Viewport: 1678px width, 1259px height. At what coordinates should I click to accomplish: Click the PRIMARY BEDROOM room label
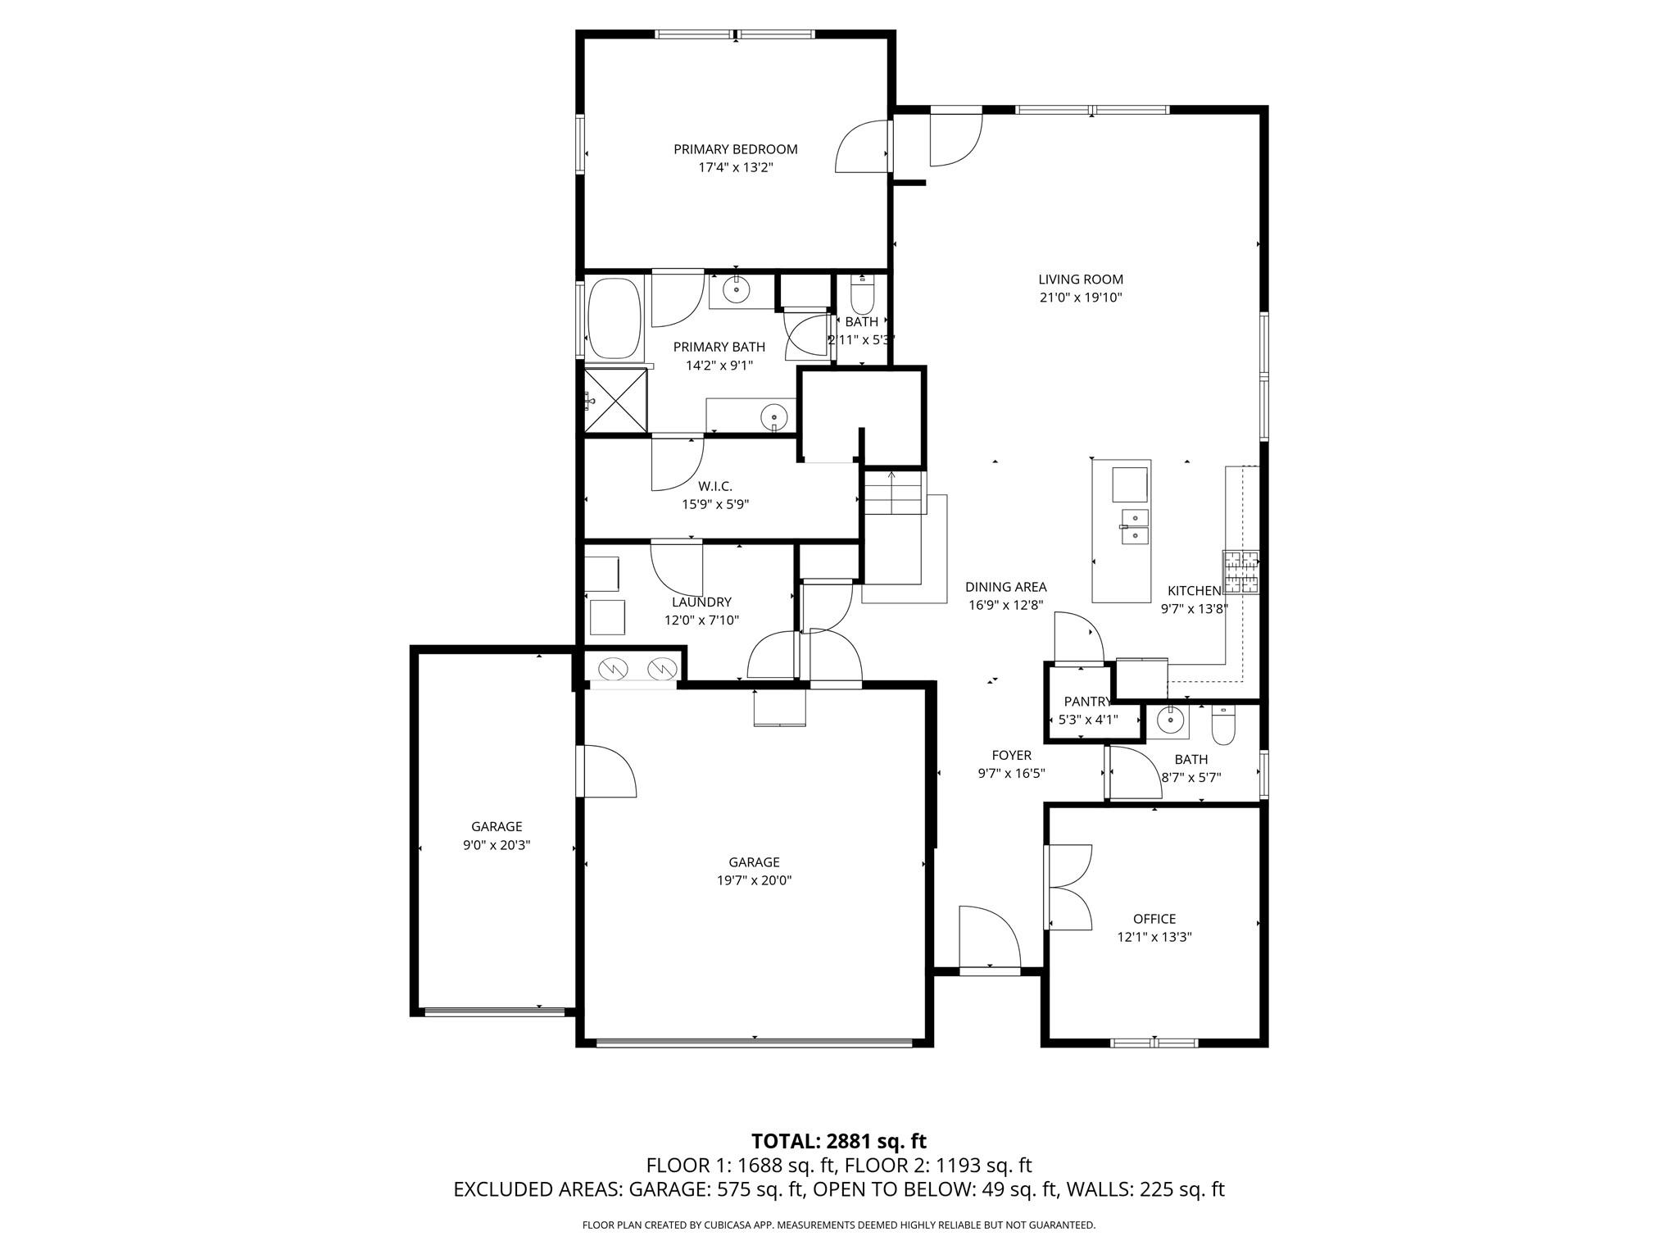tap(735, 149)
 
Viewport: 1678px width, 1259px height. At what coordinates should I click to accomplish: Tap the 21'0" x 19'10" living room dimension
tap(1080, 298)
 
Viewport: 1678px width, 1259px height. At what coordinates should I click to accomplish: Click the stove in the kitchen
tap(1240, 572)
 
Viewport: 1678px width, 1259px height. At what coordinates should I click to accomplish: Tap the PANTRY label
tap(1086, 702)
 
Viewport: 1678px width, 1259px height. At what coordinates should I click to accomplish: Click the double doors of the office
tap(1068, 887)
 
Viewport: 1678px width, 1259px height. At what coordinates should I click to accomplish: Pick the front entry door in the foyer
tap(990, 939)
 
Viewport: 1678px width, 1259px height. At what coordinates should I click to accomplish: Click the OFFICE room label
tap(1154, 919)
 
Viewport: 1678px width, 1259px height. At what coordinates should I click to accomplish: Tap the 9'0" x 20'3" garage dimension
tap(497, 845)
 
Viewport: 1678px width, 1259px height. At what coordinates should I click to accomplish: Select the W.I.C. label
tap(715, 486)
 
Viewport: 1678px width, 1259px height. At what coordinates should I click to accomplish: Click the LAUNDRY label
tap(701, 602)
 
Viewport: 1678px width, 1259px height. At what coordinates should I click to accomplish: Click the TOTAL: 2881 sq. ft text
tap(838, 1141)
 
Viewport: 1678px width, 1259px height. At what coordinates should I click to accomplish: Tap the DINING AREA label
tap(1005, 587)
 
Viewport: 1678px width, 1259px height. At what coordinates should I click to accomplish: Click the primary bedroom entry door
tap(863, 148)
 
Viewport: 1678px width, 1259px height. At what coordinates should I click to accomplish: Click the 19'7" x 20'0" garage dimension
tap(754, 880)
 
